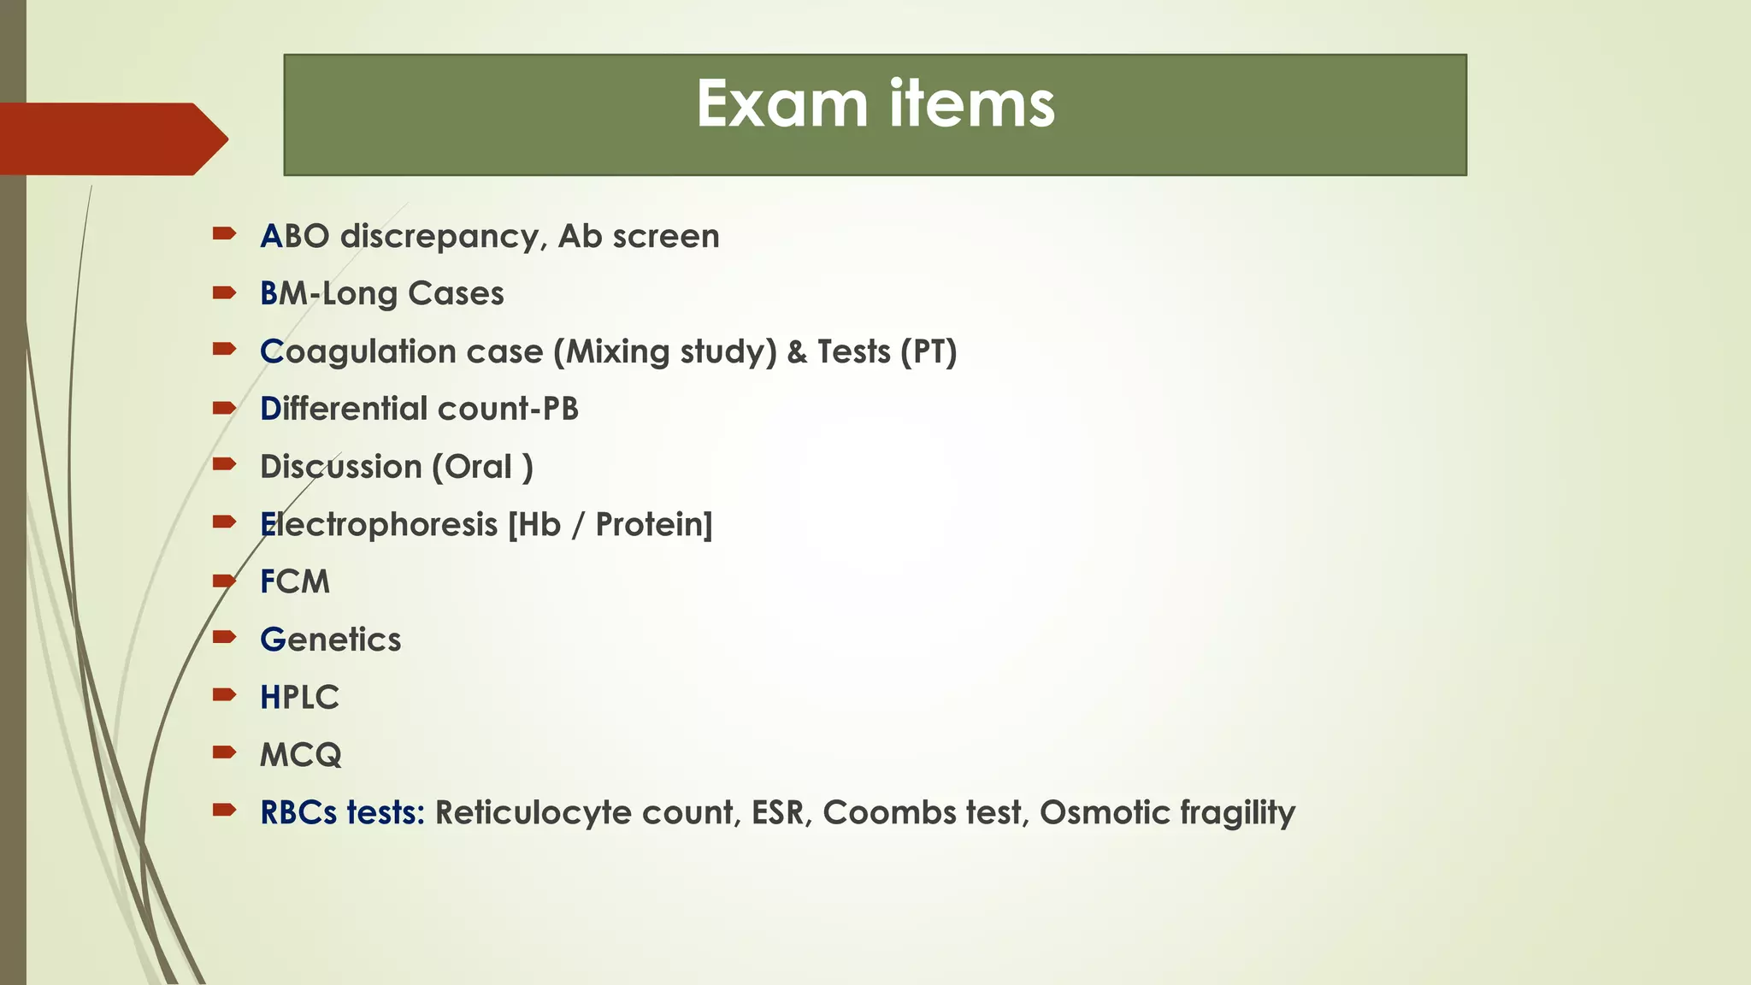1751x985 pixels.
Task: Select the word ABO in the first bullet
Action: click(295, 236)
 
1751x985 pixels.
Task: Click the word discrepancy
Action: click(444, 237)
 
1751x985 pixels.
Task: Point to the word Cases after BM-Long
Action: click(456, 293)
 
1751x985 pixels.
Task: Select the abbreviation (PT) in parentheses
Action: click(929, 351)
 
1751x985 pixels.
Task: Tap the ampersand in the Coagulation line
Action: click(797, 351)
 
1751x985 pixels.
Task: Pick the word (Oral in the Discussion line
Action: click(472, 467)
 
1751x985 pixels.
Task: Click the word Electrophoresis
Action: click(379, 524)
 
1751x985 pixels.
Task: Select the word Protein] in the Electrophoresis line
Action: click(653, 524)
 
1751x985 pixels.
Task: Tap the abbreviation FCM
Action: click(295, 581)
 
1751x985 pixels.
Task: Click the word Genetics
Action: click(330, 640)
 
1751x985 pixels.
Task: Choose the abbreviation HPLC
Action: click(299, 698)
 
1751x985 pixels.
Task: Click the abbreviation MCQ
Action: click(300, 755)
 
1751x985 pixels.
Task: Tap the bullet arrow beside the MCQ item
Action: click(224, 752)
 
